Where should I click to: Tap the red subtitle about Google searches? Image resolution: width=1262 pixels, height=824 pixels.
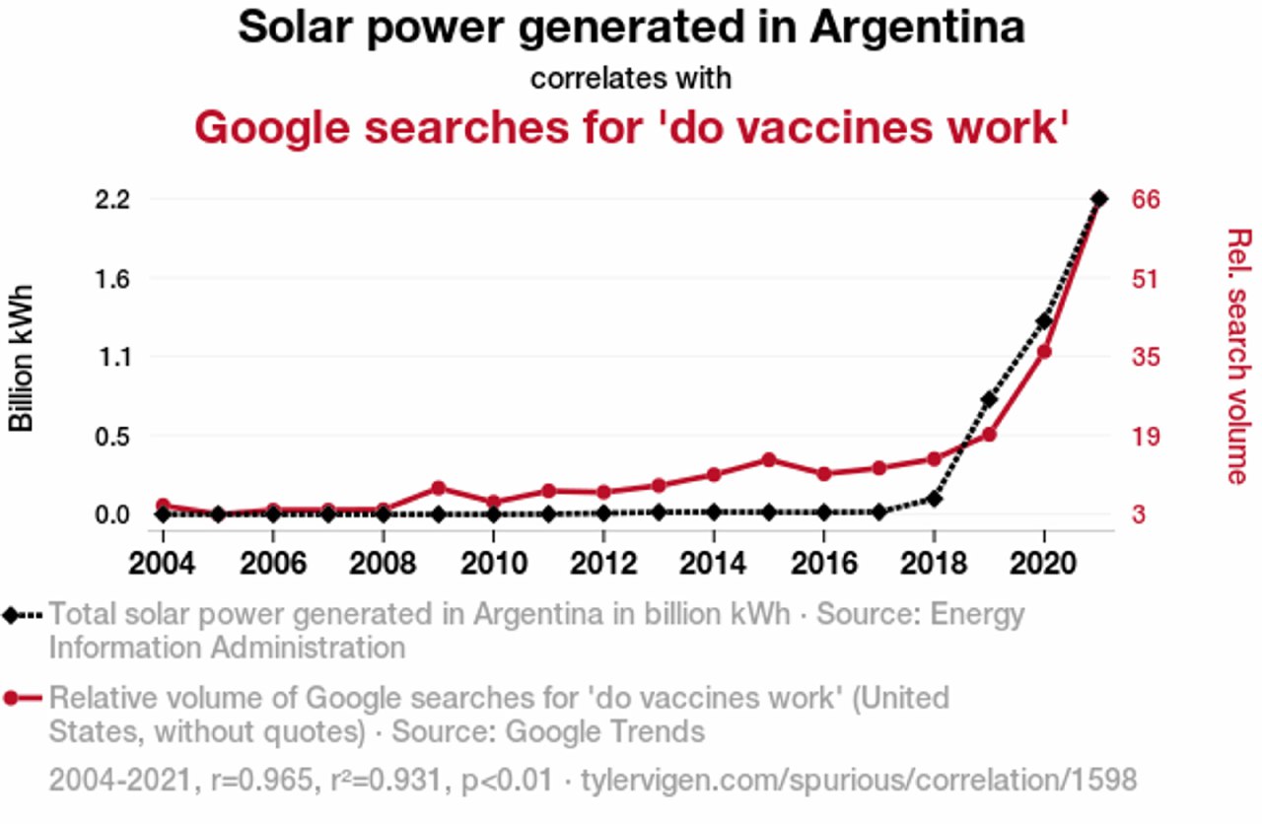click(x=631, y=128)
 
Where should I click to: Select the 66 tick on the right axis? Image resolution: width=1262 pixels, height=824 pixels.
click(x=1145, y=200)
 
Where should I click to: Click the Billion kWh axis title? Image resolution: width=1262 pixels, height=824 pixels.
click(x=22, y=358)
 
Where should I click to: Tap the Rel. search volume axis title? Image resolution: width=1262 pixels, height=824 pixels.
click(x=1237, y=356)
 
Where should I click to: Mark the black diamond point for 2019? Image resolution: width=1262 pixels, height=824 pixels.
click(x=989, y=399)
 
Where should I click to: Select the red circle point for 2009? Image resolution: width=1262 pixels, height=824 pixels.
click(x=439, y=488)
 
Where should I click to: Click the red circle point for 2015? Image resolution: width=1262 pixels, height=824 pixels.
click(x=769, y=459)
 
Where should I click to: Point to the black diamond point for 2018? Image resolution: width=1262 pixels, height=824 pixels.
click(x=934, y=499)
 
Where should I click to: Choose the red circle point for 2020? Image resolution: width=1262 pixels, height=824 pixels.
click(x=1044, y=351)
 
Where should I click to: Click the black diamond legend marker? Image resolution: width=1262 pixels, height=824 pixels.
click(x=12, y=615)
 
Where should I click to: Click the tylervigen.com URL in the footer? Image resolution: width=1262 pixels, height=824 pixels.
click(x=859, y=781)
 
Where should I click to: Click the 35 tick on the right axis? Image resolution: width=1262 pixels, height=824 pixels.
click(x=1145, y=357)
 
